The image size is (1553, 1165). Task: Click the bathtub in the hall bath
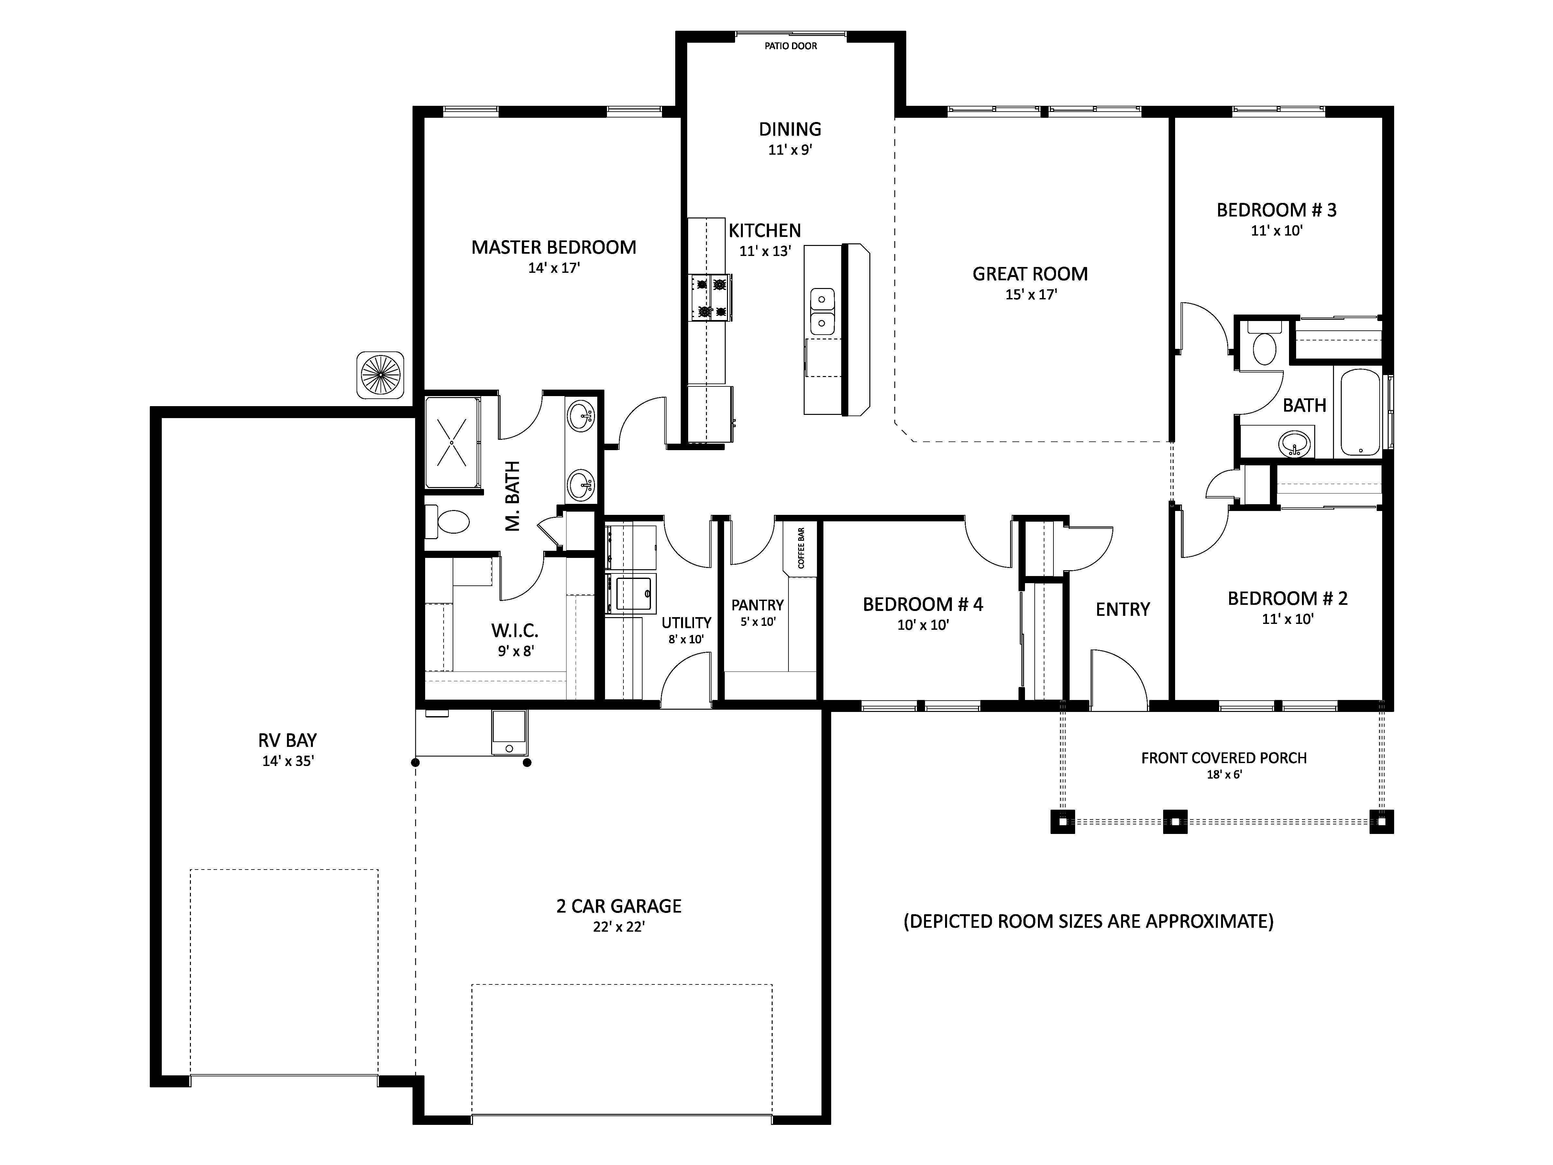click(x=1360, y=412)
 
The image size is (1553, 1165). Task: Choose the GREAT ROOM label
click(x=1030, y=274)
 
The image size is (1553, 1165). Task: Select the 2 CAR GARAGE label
click(x=619, y=906)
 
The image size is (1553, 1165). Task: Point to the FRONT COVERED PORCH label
click(x=1224, y=758)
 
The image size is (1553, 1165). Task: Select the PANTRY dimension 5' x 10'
click(x=757, y=621)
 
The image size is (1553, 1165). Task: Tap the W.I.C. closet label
click(x=515, y=630)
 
